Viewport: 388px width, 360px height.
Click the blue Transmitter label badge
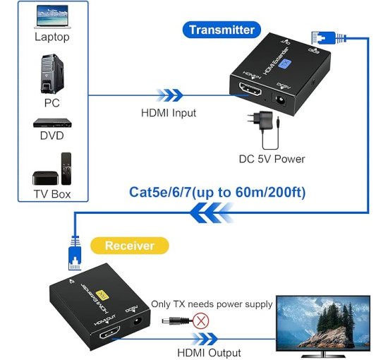point(222,30)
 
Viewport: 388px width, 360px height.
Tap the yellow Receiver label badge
point(130,246)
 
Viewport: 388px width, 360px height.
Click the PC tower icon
point(49,72)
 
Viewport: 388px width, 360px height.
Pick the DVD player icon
point(52,122)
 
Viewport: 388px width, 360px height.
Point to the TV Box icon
point(51,169)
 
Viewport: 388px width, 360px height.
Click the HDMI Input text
point(168,112)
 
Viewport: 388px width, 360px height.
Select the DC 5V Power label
point(272,159)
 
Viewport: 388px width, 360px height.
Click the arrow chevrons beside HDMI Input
point(168,95)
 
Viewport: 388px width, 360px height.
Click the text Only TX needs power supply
point(212,304)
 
